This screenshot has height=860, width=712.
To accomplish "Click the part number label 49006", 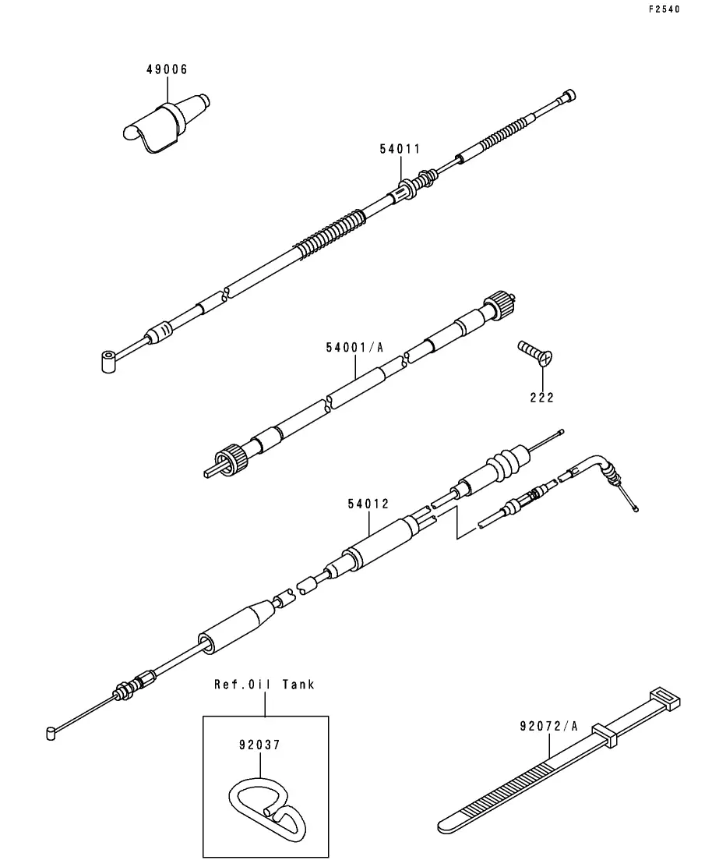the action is click(x=167, y=69).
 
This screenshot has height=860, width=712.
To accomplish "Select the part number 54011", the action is click(x=400, y=149).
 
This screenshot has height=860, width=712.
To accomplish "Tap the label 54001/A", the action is click(x=354, y=347).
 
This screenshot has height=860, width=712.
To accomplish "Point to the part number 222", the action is click(x=542, y=398).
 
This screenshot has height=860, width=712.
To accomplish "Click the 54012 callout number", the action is click(x=368, y=504).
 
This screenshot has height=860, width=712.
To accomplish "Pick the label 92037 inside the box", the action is click(x=259, y=745).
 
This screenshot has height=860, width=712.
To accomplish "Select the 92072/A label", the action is click(x=548, y=726).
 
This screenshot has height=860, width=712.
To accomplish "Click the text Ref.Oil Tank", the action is click(x=264, y=685).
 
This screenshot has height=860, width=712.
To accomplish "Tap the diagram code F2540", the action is click(x=664, y=9).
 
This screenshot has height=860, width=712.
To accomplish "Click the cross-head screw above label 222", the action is click(x=535, y=352).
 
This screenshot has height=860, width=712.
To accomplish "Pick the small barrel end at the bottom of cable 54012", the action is click(x=51, y=734).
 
